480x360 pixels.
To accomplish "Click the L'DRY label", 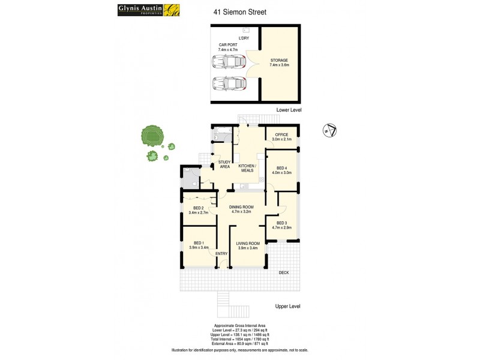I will point(244,38).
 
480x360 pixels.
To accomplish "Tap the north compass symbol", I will point(329,130).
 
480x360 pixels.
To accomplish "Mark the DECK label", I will point(284,273).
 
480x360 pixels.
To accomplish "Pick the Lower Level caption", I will point(289,110).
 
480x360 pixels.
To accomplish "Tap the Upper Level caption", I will point(287,306).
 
